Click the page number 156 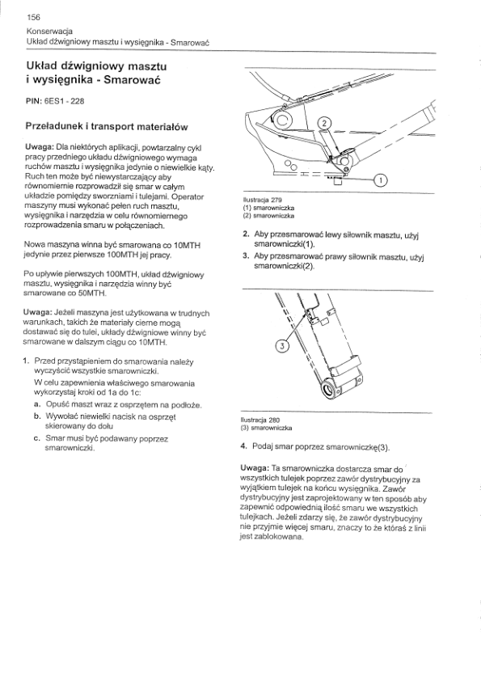pyautogui.click(x=33, y=17)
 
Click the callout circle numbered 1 pyautogui.click(x=380, y=180)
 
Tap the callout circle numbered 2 pyautogui.click(x=325, y=124)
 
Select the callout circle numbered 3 pyautogui.click(x=282, y=345)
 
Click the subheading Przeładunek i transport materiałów pyautogui.click(x=107, y=127)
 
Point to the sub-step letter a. pyautogui.click(x=37, y=404)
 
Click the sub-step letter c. pyautogui.click(x=37, y=438)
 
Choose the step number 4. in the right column pyautogui.click(x=243, y=446)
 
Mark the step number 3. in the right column pyautogui.click(x=246, y=256)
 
